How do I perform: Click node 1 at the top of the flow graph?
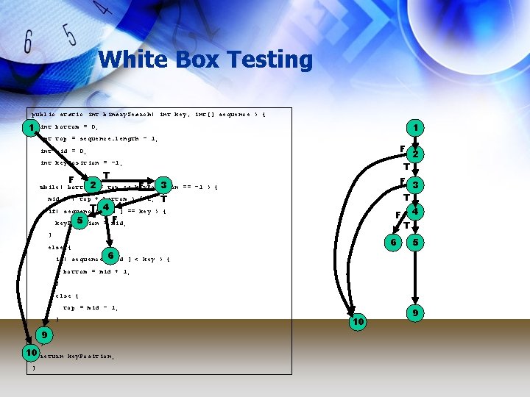coord(416,128)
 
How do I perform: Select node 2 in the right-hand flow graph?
coord(416,154)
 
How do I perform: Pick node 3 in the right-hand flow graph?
coord(416,185)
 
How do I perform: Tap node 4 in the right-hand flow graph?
coord(416,212)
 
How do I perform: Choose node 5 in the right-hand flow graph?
coord(416,242)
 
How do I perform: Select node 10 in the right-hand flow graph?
coord(358,322)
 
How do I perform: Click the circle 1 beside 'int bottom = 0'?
coord(31,128)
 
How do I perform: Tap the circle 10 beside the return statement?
coord(30,354)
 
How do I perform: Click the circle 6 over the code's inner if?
coord(110,256)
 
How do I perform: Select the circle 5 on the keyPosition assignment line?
coord(79,220)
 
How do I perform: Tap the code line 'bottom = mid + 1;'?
coord(96,271)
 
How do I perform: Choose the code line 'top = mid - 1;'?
coord(91,308)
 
